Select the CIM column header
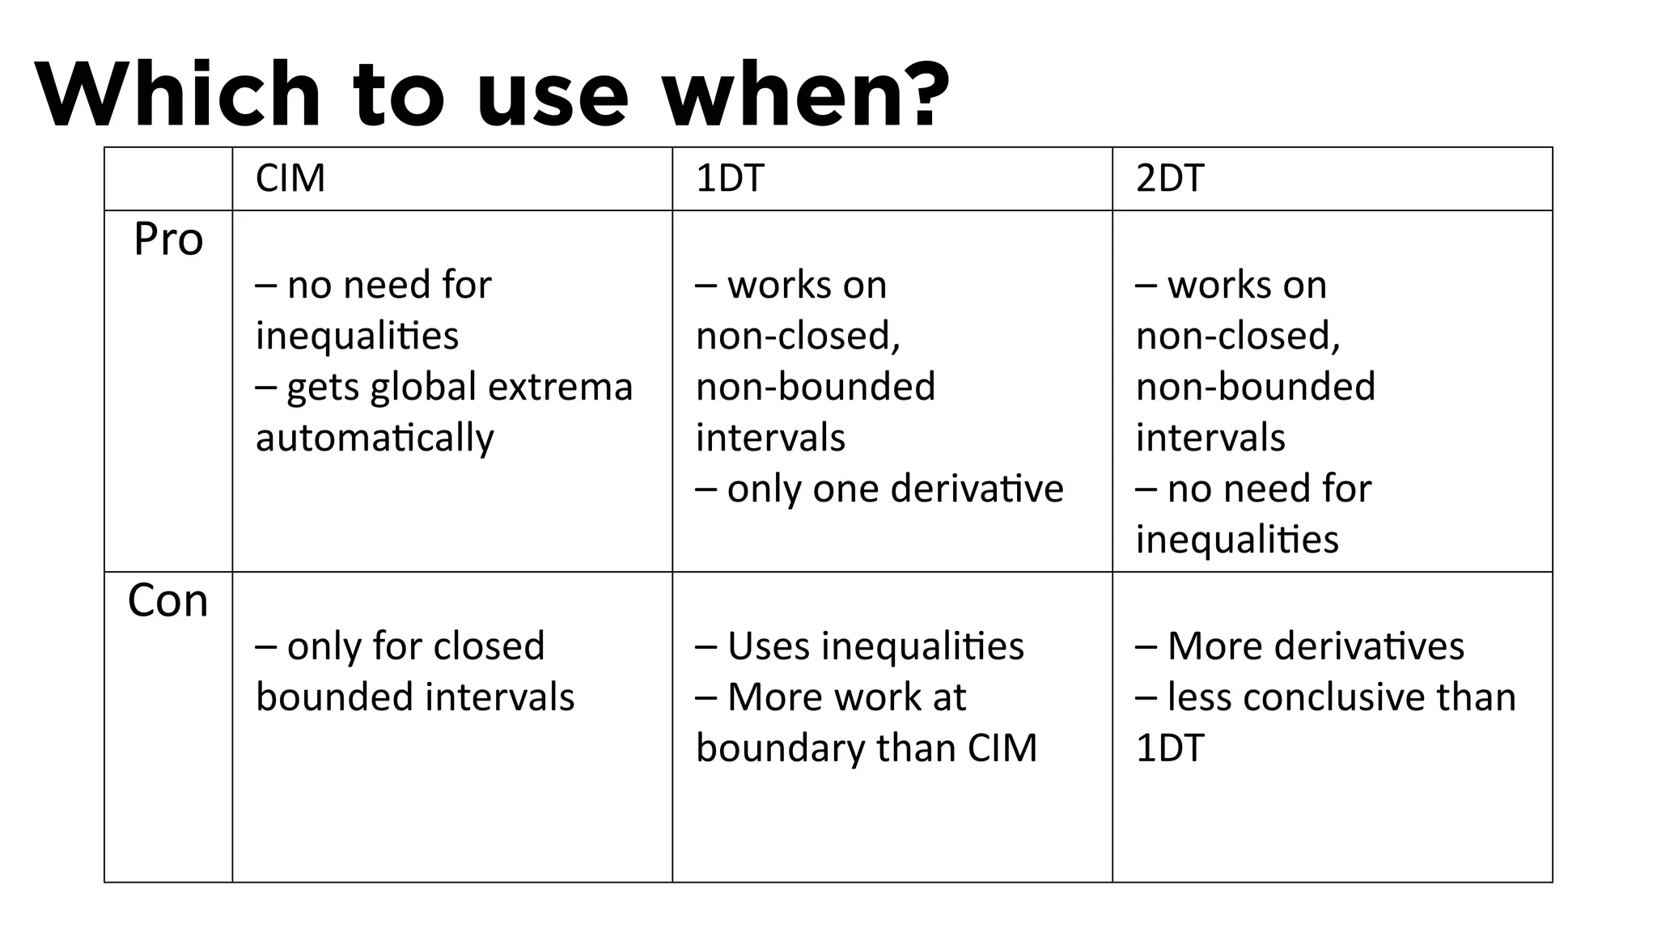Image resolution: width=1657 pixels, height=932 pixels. (290, 178)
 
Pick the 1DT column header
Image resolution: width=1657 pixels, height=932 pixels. (730, 178)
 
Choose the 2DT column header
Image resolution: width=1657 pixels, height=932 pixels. (1170, 178)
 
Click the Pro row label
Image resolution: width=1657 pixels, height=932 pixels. (168, 239)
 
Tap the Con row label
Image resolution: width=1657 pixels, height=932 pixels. (168, 601)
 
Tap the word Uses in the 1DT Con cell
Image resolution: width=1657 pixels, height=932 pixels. (769, 646)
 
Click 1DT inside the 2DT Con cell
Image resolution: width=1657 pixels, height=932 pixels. (1170, 748)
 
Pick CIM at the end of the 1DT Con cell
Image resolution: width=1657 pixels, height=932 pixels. (1002, 748)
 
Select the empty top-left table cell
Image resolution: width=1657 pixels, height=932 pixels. (168, 179)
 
